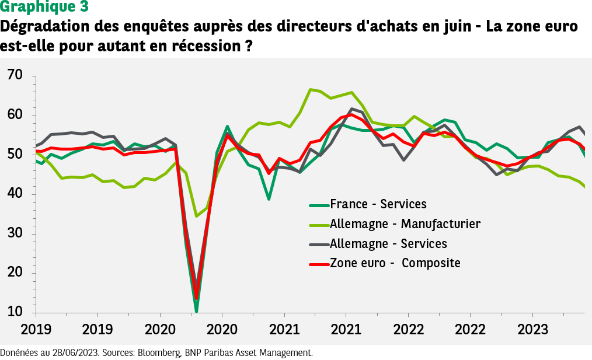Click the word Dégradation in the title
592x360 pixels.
44,27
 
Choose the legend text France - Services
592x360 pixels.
378,204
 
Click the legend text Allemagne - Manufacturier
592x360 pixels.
405,223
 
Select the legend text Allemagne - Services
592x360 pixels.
388,243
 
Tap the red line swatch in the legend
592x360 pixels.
318,264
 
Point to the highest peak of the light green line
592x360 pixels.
311,89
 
